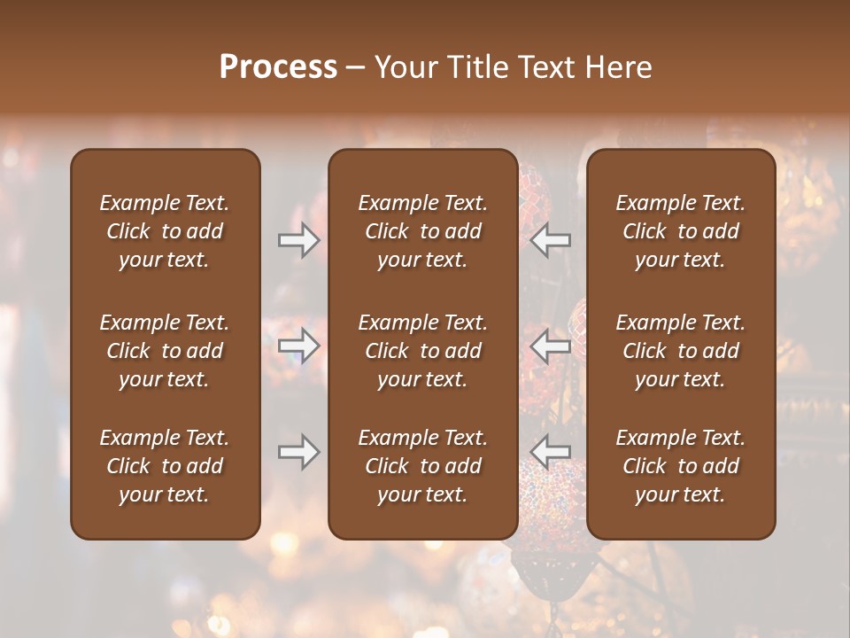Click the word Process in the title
[278, 67]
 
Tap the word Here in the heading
[616, 67]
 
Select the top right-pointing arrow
[299, 239]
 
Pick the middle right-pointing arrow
[299, 346]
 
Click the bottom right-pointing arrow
[299, 452]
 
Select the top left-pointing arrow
[551, 239]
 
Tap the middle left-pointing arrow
[551, 346]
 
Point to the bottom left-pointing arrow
[551, 452]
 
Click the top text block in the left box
[165, 231]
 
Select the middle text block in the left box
[165, 351]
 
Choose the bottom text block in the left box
[165, 466]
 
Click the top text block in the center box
[423, 231]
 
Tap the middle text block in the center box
[423, 351]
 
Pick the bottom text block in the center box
[423, 466]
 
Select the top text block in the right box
[681, 231]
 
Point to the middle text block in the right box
[681, 351]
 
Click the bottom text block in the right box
[681, 466]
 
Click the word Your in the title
[404, 67]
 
